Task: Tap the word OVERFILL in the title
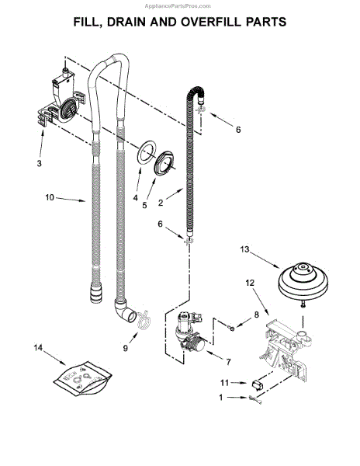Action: click(x=210, y=22)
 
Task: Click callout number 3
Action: click(x=39, y=163)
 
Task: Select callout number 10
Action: click(x=50, y=197)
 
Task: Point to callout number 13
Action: click(x=245, y=249)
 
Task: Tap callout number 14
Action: click(x=38, y=347)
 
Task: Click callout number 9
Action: click(x=125, y=348)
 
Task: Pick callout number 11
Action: click(x=225, y=383)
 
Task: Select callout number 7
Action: click(x=228, y=362)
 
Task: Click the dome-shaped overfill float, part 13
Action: click(x=303, y=283)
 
